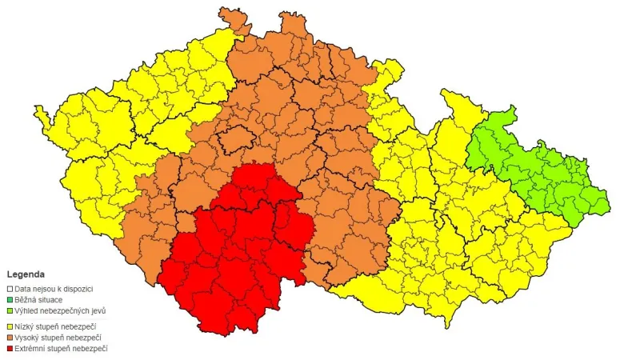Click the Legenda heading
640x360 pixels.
26,274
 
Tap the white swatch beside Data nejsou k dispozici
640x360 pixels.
10,288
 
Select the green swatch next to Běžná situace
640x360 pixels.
10,299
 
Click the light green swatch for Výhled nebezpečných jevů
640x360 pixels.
10,310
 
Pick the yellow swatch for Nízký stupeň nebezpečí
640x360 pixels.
10,326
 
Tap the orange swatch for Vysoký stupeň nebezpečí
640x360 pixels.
10,337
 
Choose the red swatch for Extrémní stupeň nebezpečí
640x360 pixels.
10,348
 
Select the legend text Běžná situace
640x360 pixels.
39,299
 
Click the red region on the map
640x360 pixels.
240,256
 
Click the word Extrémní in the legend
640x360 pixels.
31,348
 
